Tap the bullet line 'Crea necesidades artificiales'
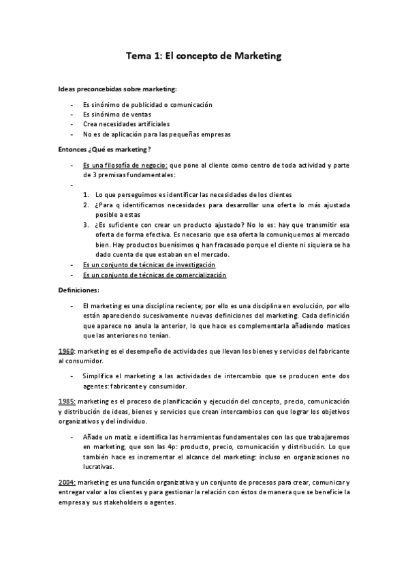point(126,124)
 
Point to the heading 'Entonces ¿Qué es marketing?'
point(104,149)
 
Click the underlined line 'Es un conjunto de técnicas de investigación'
point(148,264)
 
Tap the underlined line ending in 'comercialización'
point(154,275)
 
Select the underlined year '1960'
point(66,350)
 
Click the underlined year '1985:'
point(67,401)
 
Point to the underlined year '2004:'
point(67,482)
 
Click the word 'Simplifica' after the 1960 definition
point(99,376)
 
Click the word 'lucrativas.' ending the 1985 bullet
point(99,467)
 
